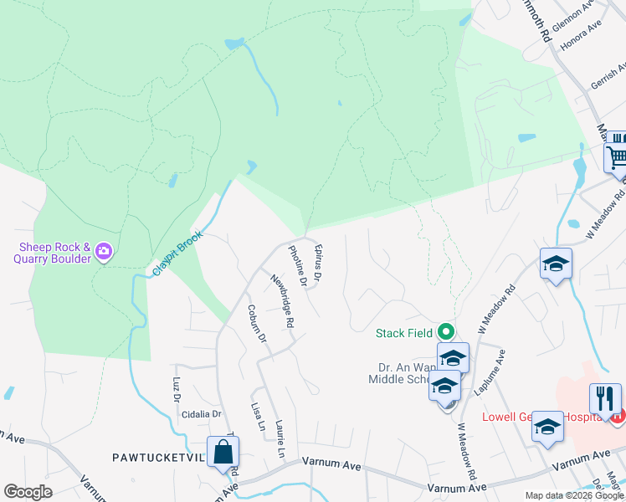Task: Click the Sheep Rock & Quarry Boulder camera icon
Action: tap(104, 251)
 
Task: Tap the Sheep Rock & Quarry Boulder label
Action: tap(52, 253)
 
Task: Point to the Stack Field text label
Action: tap(403, 333)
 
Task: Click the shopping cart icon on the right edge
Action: tap(616, 154)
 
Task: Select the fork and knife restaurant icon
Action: tap(605, 399)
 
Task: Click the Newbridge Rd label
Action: tap(281, 300)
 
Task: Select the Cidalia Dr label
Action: tap(203, 414)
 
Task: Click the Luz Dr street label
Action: tap(177, 389)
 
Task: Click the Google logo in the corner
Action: tap(28, 492)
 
